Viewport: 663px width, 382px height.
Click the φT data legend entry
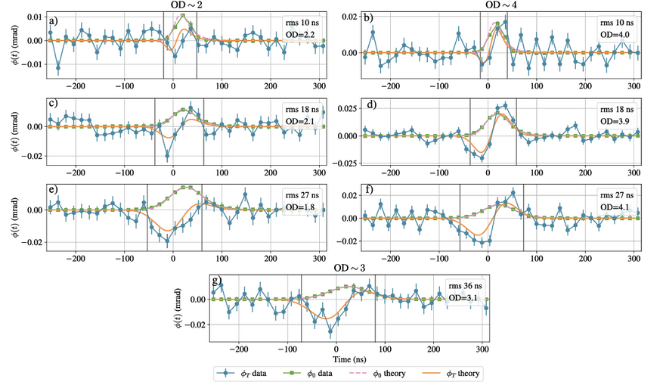tap(242, 374)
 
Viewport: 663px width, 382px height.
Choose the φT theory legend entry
tap(451, 374)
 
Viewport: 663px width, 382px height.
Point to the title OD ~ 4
tap(501, 5)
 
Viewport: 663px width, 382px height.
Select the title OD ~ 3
tap(349, 269)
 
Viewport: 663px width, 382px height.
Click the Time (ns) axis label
tap(349, 359)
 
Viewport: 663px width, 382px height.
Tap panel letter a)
tap(53, 20)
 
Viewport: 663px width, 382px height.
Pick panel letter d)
tap(372, 104)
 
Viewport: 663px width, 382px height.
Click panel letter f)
tap(369, 189)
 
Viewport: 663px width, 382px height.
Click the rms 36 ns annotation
tap(465, 286)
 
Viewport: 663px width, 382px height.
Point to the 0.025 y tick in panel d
tap(347, 108)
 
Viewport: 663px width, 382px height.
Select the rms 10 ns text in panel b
tap(616, 23)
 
